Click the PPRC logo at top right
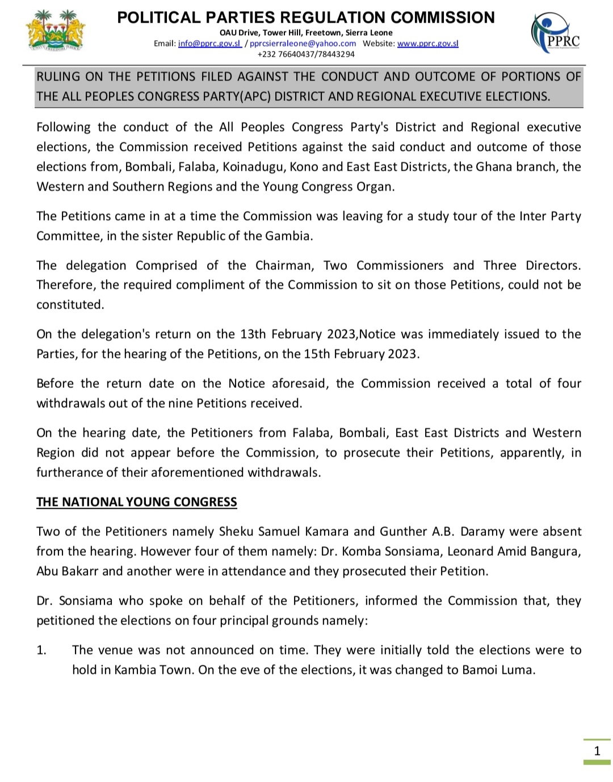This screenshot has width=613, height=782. (x=556, y=33)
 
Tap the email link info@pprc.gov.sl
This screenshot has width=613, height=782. (x=209, y=44)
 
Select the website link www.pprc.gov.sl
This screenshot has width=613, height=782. (x=427, y=44)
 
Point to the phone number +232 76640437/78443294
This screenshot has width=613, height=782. (x=306, y=54)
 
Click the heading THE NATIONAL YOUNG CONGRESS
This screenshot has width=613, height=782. (x=137, y=502)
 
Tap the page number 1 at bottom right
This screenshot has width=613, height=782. (x=597, y=751)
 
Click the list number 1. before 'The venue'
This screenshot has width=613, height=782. (x=41, y=650)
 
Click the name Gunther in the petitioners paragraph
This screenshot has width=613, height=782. (x=401, y=531)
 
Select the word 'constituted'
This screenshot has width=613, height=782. (x=70, y=305)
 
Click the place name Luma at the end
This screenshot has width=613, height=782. (x=518, y=670)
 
